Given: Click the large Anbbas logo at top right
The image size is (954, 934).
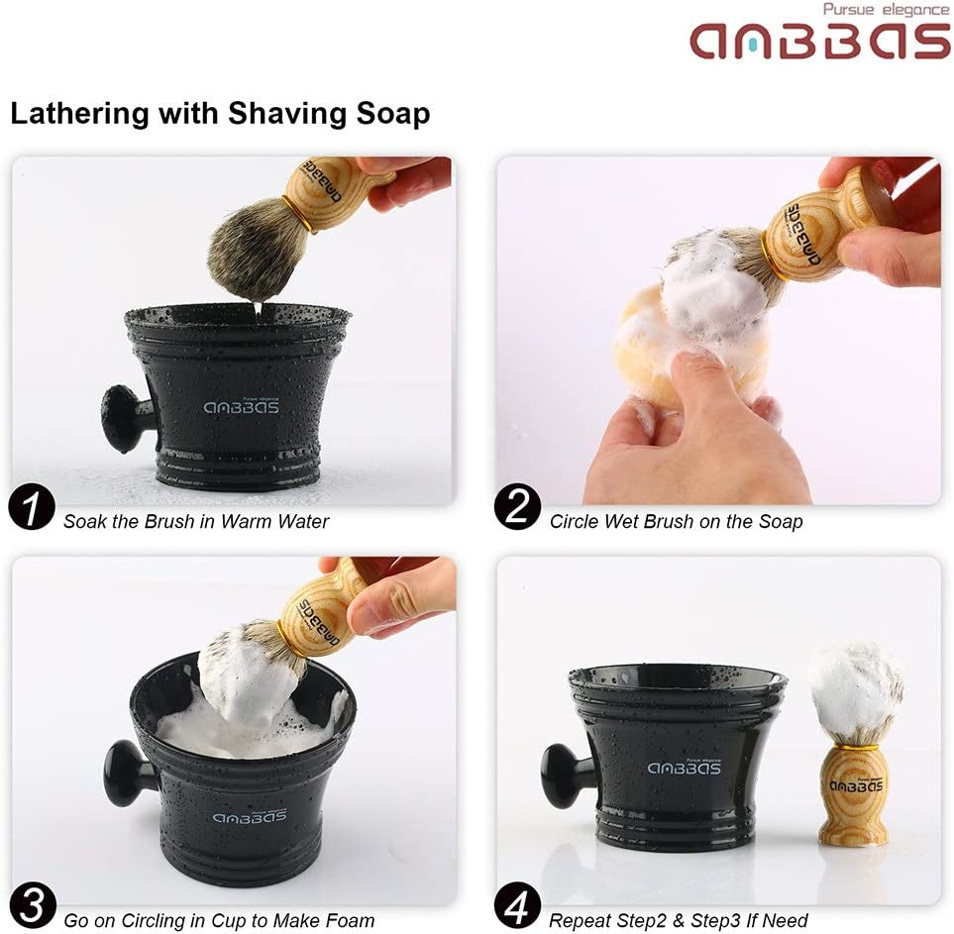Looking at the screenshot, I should click(819, 41).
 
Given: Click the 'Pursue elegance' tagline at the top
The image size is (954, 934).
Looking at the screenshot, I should click(886, 10).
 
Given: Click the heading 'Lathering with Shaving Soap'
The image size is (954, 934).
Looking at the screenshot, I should click(220, 113).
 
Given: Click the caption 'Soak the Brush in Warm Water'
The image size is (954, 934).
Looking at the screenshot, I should click(196, 521).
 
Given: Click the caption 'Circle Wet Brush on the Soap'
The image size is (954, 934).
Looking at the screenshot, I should click(676, 521).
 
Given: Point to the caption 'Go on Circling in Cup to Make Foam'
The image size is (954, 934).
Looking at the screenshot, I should click(219, 920).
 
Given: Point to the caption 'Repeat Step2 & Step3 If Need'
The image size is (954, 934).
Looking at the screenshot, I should click(679, 920).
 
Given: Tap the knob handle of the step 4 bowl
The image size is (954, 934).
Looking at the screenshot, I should click(563, 775).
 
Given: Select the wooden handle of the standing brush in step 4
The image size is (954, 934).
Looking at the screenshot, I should click(854, 792).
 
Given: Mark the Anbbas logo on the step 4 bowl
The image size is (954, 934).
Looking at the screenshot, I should click(685, 768).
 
